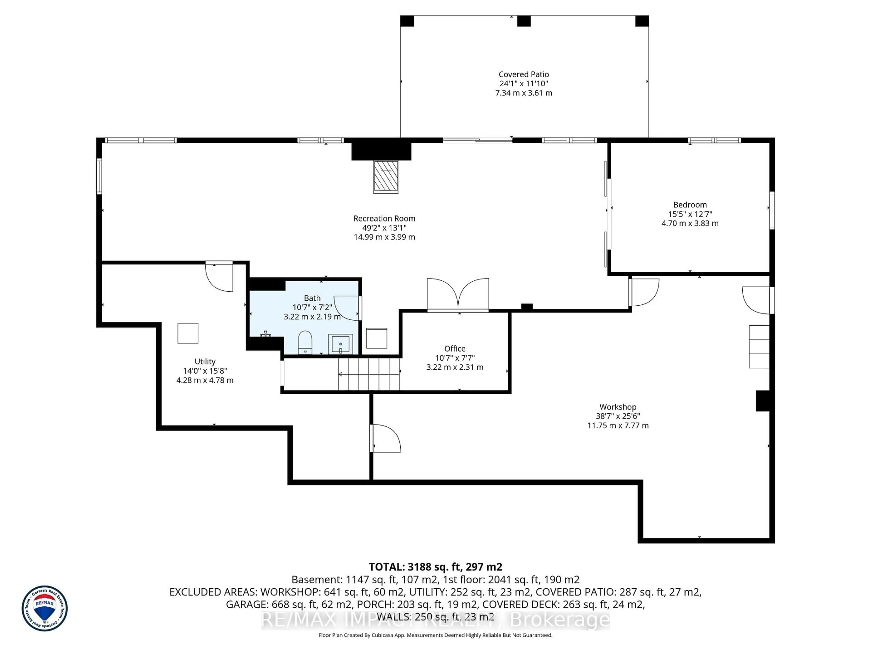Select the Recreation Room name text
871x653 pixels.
[384, 218]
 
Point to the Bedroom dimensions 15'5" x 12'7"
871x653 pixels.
[690, 214]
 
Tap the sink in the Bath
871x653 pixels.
[340, 344]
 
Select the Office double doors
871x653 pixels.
[458, 295]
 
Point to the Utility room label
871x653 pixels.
[205, 361]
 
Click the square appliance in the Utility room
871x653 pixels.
[188, 333]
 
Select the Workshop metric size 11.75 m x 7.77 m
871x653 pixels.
[618, 426]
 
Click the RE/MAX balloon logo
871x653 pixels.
[44, 608]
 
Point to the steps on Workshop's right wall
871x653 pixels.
[759, 347]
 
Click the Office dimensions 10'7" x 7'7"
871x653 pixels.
[455, 358]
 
